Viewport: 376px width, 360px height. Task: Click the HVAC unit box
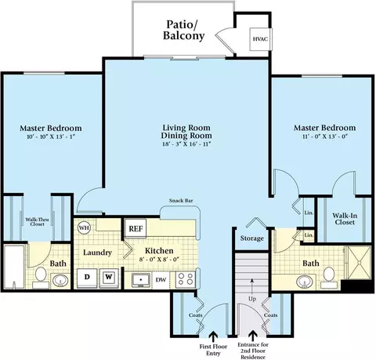tap(261, 39)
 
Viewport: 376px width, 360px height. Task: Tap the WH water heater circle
tap(84, 228)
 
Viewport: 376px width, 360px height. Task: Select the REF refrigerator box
tap(136, 228)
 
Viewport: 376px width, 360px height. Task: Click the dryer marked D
tap(87, 278)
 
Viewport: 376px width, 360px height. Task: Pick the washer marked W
tap(109, 278)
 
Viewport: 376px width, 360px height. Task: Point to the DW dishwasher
tap(161, 280)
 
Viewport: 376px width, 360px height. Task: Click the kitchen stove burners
tap(185, 279)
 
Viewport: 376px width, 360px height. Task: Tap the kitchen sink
tap(141, 280)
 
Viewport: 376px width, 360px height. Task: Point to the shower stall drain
tap(360, 263)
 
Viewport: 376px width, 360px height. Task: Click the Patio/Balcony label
tap(183, 30)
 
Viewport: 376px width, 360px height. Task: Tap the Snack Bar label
tap(181, 201)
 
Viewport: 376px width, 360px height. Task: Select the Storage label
tap(252, 238)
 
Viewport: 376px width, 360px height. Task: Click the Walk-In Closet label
tap(345, 219)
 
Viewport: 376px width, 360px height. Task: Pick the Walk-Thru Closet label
tap(37, 222)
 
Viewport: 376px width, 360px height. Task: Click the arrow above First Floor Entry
tap(213, 336)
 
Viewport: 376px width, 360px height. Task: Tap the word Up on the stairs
tap(252, 299)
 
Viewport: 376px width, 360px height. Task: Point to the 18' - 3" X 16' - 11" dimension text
tap(186, 144)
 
